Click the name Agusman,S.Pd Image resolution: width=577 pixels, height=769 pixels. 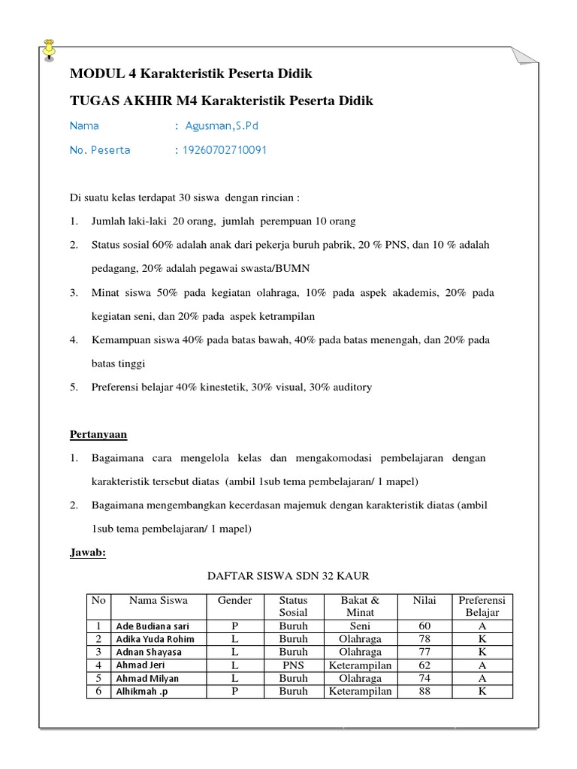coord(222,125)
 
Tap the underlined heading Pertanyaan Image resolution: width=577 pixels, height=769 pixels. coord(98,434)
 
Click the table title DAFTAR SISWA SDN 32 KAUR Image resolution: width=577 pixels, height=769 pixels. coord(288,577)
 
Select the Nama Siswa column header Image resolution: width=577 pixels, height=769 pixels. coord(158,601)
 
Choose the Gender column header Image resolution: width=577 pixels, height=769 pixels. coord(235,601)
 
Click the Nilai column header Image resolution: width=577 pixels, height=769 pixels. coord(424,601)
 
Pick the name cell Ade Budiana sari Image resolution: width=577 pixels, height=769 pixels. coord(152,626)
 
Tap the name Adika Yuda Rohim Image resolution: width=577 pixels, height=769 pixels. coord(155,639)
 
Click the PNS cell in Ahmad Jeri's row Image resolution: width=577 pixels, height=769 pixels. coord(293,665)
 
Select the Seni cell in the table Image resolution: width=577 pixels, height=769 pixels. coord(361,626)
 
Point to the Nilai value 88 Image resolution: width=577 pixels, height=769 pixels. coord(424,692)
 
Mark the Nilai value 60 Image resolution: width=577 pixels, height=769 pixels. coord(424,626)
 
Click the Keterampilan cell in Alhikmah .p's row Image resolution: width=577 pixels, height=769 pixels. coord(361,692)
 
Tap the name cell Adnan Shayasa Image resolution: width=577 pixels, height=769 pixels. coord(149,652)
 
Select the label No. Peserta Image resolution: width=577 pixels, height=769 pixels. coord(100,150)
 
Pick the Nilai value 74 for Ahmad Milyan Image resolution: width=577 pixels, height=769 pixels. coord(424,678)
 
